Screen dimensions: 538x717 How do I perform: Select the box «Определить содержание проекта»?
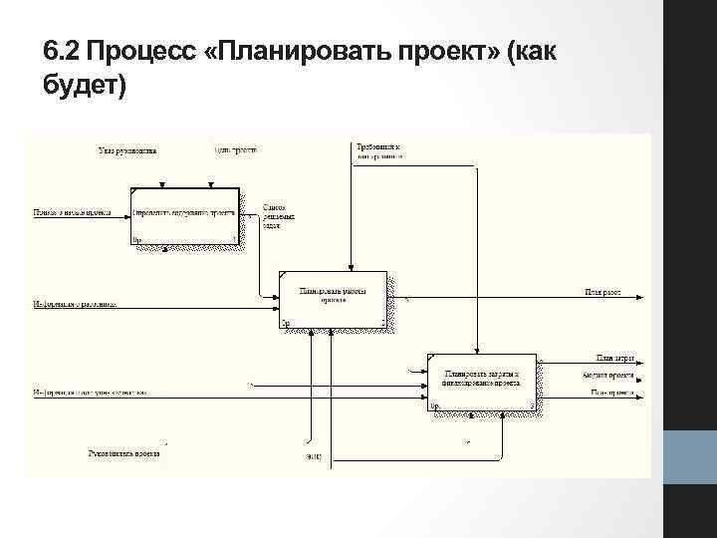(x=185, y=216)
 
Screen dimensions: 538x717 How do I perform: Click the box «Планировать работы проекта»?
(x=333, y=298)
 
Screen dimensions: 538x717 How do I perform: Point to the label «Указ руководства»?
(x=127, y=151)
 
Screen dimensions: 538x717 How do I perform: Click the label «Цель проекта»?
(x=236, y=150)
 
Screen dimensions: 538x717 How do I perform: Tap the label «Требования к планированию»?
(x=379, y=151)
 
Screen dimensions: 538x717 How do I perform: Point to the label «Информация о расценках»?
(x=75, y=303)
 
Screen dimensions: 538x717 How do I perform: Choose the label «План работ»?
(x=602, y=293)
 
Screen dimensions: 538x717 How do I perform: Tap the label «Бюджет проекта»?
(x=610, y=375)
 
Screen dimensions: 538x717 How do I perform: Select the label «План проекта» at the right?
(x=612, y=393)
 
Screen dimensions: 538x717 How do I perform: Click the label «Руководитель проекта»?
(x=123, y=453)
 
